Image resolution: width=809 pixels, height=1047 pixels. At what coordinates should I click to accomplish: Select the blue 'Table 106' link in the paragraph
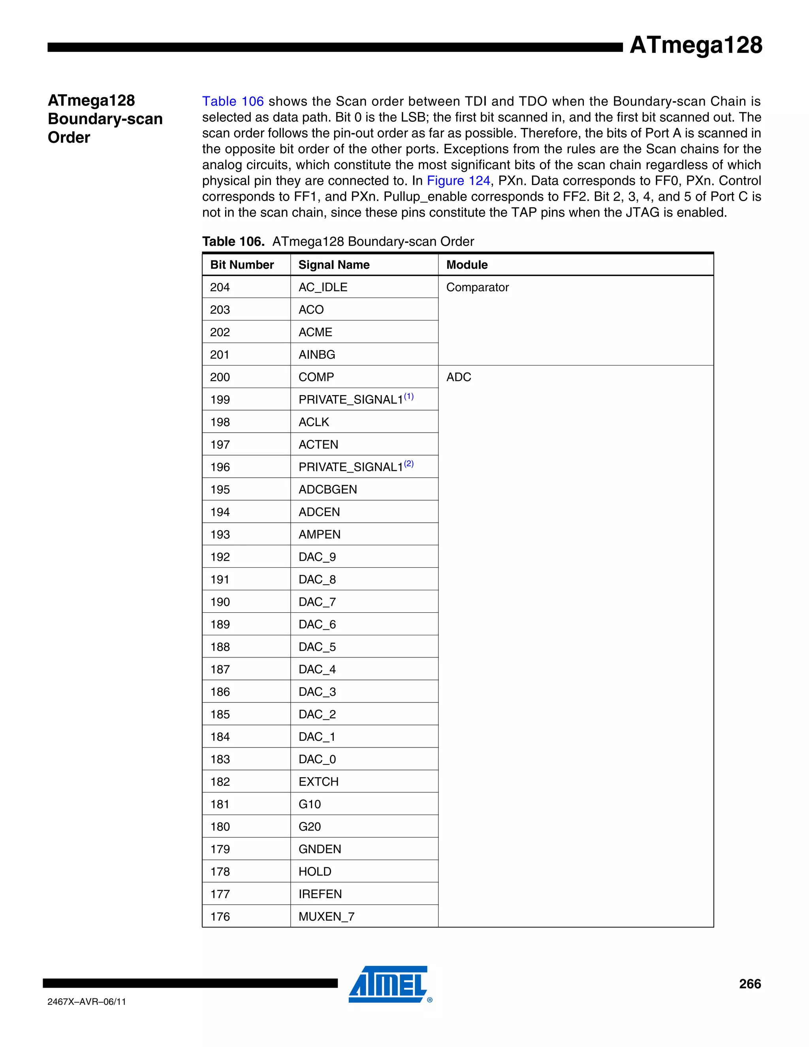click(x=233, y=101)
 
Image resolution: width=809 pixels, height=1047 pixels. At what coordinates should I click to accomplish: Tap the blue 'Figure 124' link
click(x=458, y=181)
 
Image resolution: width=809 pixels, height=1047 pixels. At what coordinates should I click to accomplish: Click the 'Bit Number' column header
click(x=242, y=265)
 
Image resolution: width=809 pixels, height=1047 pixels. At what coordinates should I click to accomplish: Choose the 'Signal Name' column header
click(x=334, y=265)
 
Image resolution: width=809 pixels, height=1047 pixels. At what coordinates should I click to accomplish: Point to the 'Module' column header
click(x=467, y=265)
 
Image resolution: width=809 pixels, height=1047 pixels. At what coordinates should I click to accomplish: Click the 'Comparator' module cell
click(x=477, y=287)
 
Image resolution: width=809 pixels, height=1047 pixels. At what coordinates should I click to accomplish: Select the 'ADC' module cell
click(x=459, y=377)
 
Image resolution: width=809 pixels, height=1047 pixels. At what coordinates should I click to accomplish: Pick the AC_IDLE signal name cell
click(x=323, y=287)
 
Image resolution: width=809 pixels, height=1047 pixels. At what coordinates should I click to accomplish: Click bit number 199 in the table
click(x=220, y=400)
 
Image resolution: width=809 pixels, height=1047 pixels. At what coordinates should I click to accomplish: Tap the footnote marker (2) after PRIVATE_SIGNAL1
click(x=409, y=463)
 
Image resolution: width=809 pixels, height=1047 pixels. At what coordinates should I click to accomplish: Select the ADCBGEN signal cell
click(x=328, y=490)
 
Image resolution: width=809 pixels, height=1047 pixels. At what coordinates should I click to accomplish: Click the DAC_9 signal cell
click(x=317, y=557)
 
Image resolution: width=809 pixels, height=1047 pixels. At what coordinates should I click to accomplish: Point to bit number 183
click(x=220, y=759)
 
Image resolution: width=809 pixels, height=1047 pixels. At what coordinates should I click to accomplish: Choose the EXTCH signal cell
click(x=319, y=782)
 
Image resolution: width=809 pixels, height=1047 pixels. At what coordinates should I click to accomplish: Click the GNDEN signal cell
click(x=320, y=849)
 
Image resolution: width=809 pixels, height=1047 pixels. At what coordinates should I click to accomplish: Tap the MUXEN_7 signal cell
click(x=326, y=917)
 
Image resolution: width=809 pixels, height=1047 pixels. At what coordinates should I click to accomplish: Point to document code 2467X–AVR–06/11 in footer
click(x=87, y=1002)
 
